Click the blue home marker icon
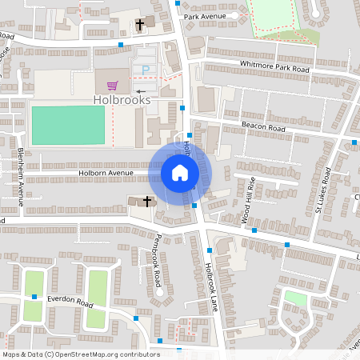tap(180, 172)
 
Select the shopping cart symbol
tap(112, 85)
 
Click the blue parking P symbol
tap(146, 70)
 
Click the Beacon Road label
tap(264, 127)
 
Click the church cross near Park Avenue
tap(139, 25)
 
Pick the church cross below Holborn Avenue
tap(147, 201)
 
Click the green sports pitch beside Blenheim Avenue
tap(68, 125)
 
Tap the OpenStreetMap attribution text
tap(80, 354)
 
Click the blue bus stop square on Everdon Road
tap(35, 297)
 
